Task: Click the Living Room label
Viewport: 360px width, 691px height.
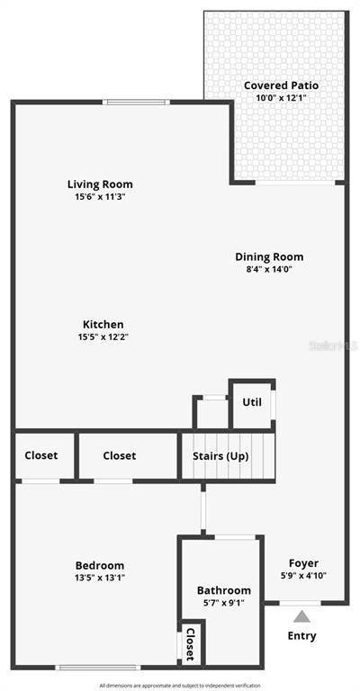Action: point(100,184)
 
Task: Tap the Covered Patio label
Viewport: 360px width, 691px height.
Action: point(281,85)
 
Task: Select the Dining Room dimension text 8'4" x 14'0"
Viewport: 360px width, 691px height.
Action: point(270,269)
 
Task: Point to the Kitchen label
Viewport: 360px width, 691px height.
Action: point(103,325)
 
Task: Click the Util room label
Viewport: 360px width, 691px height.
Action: point(252,402)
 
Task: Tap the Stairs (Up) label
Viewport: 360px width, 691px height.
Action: point(220,456)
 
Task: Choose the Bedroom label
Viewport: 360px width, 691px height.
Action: point(100,565)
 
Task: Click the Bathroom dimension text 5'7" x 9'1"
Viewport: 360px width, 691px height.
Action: point(224,602)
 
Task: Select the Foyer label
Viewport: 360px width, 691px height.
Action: point(303,562)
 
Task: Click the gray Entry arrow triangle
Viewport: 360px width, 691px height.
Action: point(301,616)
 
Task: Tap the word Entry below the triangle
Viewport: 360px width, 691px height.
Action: point(301,636)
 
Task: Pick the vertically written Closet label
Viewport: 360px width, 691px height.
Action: point(191,644)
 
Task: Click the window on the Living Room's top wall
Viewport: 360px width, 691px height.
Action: point(136,103)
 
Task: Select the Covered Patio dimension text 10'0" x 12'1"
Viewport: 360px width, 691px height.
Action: point(281,98)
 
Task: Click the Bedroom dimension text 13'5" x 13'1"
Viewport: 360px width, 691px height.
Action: point(100,578)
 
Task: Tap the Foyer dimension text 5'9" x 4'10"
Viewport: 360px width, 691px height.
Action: point(303,575)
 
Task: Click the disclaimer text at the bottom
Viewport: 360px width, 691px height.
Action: point(180,686)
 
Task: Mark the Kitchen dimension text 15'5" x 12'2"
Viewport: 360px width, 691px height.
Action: point(103,337)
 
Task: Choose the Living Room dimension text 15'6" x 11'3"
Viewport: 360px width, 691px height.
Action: point(100,196)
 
